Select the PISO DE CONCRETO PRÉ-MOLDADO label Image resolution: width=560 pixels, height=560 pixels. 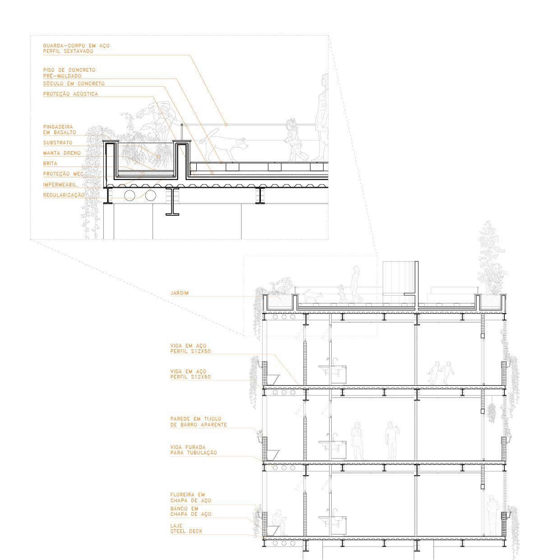(x=69, y=73)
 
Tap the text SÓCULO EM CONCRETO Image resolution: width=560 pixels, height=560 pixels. (x=74, y=83)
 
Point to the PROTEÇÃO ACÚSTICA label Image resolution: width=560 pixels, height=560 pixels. (x=70, y=94)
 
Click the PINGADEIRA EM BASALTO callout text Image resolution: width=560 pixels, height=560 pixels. (x=60, y=130)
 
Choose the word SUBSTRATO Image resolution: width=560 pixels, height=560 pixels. (x=58, y=143)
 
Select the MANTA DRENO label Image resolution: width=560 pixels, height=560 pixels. (x=62, y=153)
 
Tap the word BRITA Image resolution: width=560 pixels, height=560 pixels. (x=50, y=163)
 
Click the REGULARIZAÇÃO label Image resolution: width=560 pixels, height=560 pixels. (x=64, y=195)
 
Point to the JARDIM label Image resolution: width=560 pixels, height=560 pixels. (x=180, y=293)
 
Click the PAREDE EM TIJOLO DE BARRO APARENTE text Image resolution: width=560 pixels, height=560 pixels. (x=198, y=422)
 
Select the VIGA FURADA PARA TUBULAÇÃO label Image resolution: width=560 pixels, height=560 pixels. (x=193, y=450)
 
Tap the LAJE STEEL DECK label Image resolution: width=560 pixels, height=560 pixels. (x=186, y=529)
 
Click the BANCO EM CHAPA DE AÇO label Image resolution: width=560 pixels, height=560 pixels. (x=190, y=511)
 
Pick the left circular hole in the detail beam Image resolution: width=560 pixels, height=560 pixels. (x=130, y=195)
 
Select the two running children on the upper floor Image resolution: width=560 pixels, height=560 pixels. (x=441, y=373)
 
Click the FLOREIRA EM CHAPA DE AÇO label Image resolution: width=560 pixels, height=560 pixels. (x=190, y=498)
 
